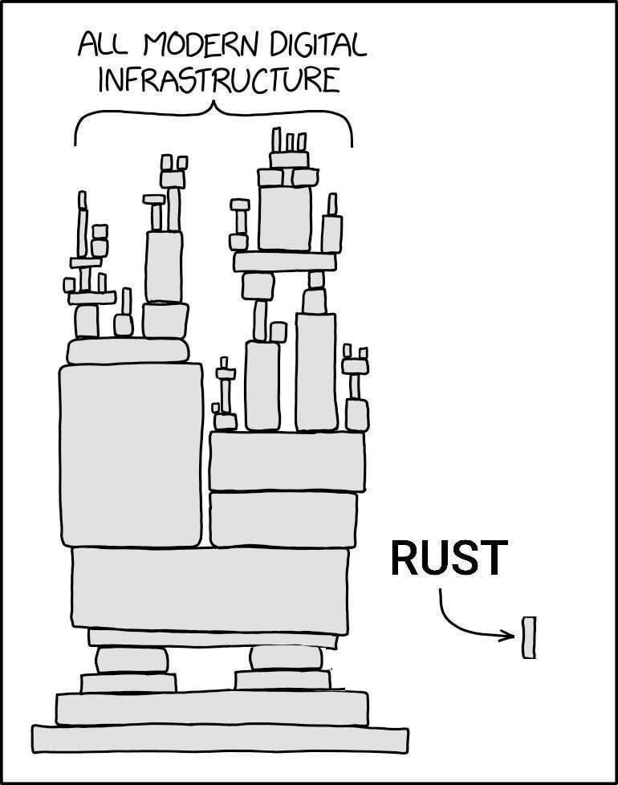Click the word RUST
coord(449,559)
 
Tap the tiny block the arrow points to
coord(529,637)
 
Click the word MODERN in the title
coord(211,46)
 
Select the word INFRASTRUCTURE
coord(218,81)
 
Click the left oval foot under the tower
coord(132,660)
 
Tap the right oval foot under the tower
coord(286,657)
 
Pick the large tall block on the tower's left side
coord(132,454)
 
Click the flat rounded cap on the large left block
coord(128,351)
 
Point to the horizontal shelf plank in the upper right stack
coord(284,262)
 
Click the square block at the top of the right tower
coord(284,218)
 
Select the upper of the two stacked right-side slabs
coord(287,461)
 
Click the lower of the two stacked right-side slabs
coord(283,519)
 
